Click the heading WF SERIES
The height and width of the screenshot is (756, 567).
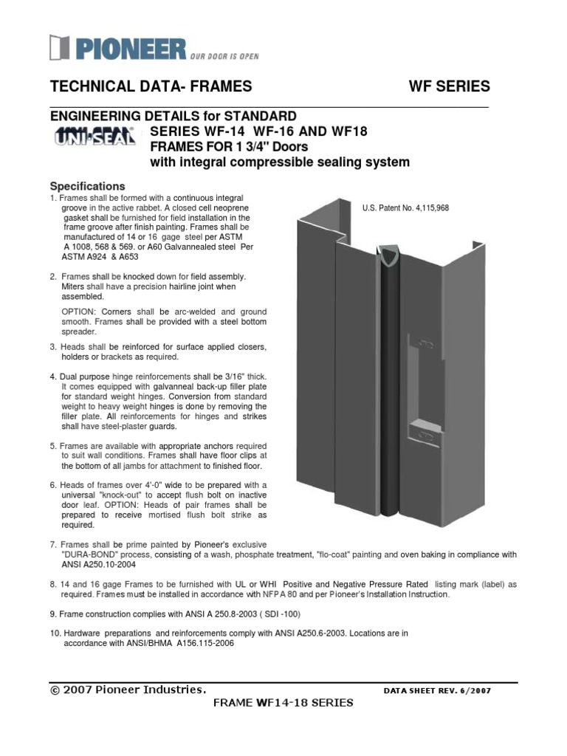[x=449, y=86]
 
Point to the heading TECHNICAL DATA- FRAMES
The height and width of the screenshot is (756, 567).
[x=151, y=86]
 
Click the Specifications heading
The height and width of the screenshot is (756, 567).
[x=87, y=186]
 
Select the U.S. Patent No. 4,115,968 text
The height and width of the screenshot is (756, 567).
[x=405, y=208]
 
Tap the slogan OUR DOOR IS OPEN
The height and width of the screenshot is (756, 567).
[x=224, y=55]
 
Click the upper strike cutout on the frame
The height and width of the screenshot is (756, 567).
[x=424, y=342]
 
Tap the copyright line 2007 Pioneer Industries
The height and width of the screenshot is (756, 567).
[x=128, y=690]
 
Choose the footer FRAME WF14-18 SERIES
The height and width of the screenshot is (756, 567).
[x=283, y=703]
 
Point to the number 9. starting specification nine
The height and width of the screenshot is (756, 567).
[x=53, y=614]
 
